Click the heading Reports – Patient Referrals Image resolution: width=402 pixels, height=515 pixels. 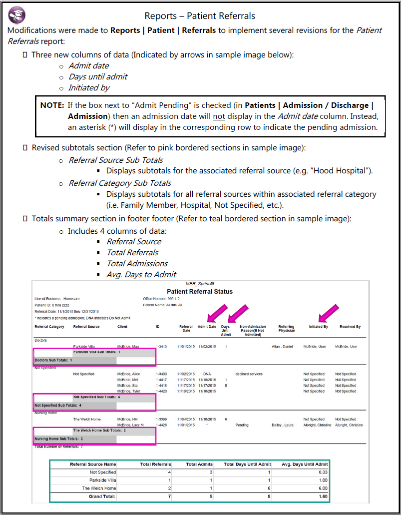[200, 16]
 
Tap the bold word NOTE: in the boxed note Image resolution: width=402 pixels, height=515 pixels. [52, 105]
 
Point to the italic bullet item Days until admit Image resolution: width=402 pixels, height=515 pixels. [97, 76]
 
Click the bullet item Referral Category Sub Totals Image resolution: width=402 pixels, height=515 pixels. [120, 183]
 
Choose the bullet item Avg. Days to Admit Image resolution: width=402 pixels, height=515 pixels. [141, 274]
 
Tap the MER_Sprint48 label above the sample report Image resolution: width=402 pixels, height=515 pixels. [200, 284]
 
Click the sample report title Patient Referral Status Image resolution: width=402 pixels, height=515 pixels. [200, 292]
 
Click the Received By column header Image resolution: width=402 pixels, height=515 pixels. [350, 327]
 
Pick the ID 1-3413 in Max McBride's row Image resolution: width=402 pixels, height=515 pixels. [162, 346]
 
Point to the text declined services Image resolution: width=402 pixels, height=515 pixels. [249, 374]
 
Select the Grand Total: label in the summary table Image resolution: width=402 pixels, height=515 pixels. [102, 497]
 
